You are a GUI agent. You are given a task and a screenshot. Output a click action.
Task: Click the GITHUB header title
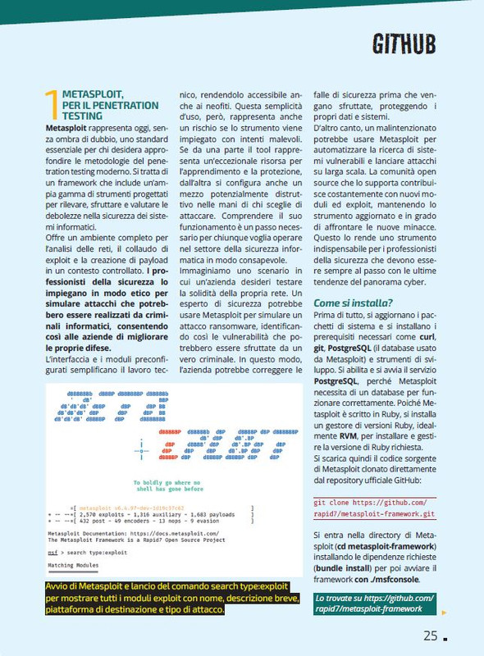point(404,43)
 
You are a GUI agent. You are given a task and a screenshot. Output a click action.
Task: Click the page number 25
point(431,635)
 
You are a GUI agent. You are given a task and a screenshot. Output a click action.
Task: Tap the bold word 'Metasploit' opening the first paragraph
point(70,130)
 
